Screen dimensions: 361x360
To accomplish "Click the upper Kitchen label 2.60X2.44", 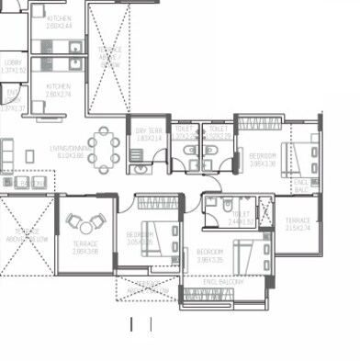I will (x=59, y=21).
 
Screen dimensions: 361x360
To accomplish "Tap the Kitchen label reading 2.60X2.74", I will (x=59, y=90).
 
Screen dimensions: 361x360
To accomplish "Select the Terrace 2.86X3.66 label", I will (x=85, y=248).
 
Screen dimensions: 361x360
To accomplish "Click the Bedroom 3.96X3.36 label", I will (x=263, y=160).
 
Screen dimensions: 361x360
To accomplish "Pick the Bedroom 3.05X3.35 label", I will (x=139, y=237).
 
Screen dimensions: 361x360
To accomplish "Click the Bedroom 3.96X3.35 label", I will (x=210, y=254).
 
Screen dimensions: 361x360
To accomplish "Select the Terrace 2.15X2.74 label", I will (x=298, y=223).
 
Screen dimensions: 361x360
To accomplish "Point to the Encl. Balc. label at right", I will (x=302, y=188).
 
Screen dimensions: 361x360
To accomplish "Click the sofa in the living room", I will (x=7, y=152).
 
